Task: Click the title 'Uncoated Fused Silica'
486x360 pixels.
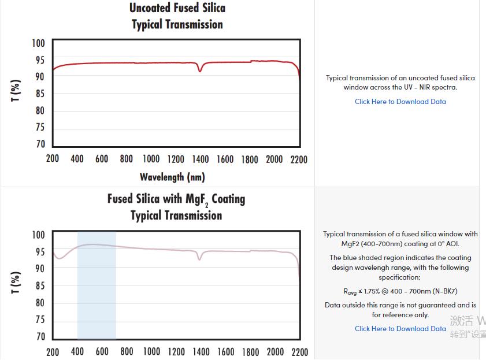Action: [177, 8]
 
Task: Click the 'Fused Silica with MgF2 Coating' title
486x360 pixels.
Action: [176, 199]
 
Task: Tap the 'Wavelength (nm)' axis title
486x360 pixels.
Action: [172, 177]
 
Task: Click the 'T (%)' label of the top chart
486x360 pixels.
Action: [16, 91]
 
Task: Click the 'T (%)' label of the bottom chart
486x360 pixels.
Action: [16, 283]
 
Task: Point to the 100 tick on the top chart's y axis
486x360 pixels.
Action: [38, 43]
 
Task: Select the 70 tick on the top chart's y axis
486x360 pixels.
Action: [39, 144]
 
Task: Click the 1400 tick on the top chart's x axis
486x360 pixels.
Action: [201, 159]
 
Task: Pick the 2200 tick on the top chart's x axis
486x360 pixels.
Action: [299, 159]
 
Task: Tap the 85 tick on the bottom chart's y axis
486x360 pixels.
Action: [39, 286]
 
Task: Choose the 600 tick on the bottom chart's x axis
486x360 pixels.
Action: [102, 351]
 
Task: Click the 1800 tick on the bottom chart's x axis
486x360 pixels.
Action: [250, 351]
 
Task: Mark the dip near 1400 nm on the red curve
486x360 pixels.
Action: [200, 70]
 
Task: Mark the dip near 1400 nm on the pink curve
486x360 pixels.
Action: [200, 259]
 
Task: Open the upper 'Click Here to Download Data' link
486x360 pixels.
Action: [400, 102]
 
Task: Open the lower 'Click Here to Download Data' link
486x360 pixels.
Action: [400, 329]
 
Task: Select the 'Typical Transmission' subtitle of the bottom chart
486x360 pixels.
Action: [176, 216]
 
